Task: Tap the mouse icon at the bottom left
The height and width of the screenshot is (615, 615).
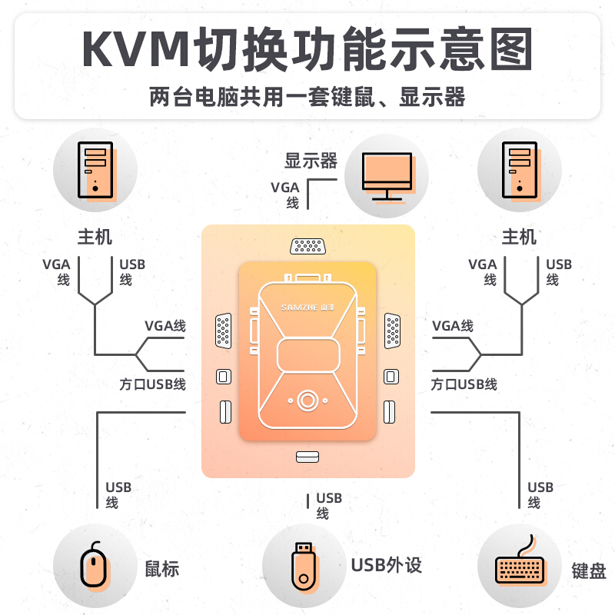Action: (x=94, y=567)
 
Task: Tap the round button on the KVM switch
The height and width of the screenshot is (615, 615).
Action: (x=307, y=401)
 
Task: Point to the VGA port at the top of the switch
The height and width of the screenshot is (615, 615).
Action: (x=307, y=247)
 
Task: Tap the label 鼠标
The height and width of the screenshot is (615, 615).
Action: (x=162, y=569)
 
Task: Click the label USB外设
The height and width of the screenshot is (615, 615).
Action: (x=387, y=566)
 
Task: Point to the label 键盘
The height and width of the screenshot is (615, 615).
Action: (x=589, y=571)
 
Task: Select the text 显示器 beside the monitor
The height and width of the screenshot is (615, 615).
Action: (x=311, y=161)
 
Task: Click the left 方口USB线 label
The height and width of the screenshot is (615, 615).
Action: (x=152, y=384)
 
